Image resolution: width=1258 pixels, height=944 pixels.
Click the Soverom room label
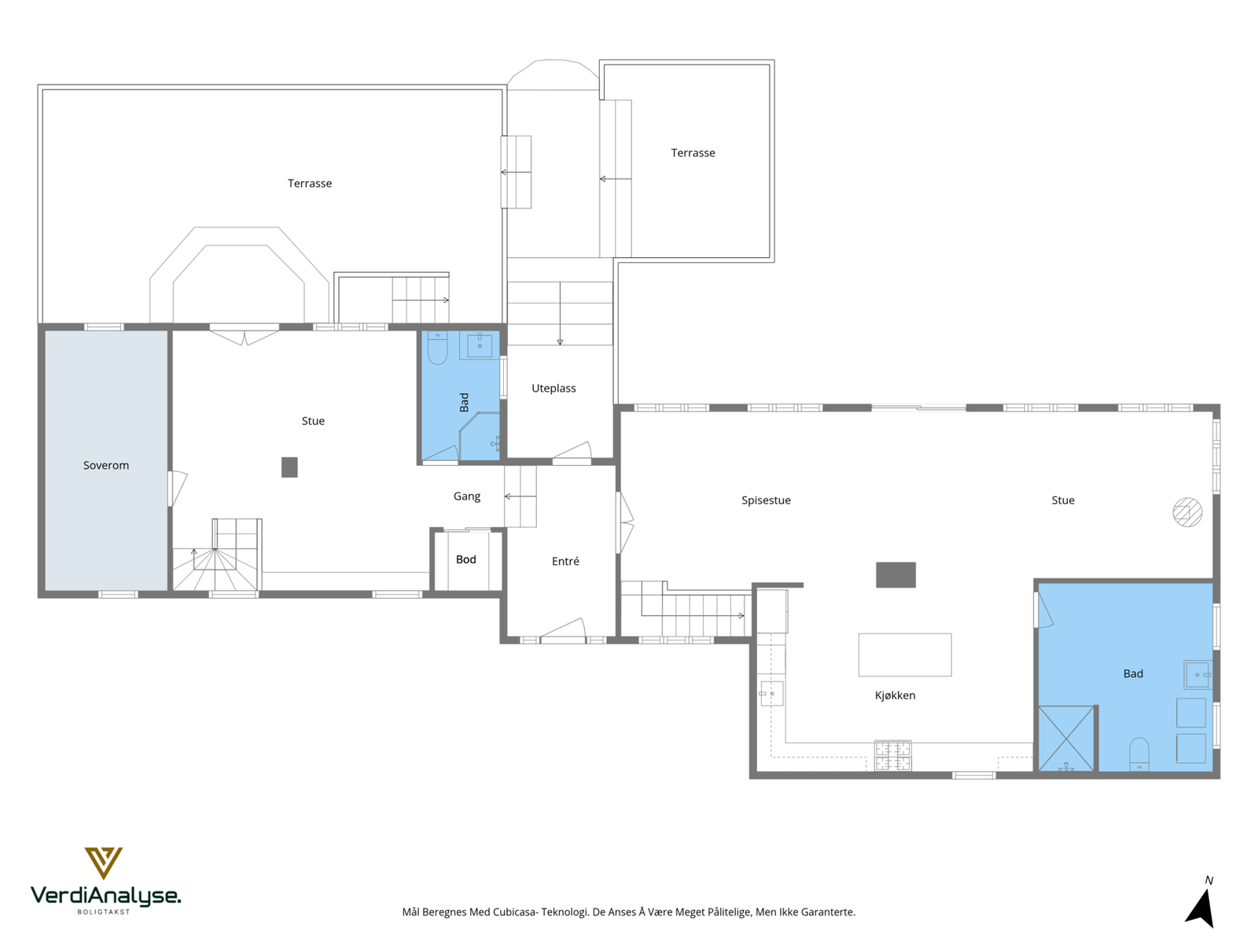point(106,466)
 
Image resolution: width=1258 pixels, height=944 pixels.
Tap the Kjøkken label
point(895,695)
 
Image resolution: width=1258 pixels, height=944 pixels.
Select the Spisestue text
point(766,500)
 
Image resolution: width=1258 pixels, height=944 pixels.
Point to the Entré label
point(565,561)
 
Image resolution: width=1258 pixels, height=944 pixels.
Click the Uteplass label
point(554,388)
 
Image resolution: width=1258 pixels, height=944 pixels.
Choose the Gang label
point(466,496)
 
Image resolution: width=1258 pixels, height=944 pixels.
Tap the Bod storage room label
point(466,559)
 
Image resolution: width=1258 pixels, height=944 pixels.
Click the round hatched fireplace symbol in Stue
point(1187,512)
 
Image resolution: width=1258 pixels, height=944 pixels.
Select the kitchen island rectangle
point(904,655)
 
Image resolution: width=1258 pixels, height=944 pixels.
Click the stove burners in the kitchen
point(892,755)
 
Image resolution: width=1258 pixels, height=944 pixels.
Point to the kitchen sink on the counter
point(771,694)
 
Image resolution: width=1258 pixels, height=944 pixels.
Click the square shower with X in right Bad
point(1066,738)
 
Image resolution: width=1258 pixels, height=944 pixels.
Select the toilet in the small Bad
point(437,348)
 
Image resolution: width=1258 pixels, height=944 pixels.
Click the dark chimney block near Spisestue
point(896,575)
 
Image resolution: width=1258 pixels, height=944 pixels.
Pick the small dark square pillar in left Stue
point(289,467)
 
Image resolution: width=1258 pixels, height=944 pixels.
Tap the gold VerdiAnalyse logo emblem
point(104,863)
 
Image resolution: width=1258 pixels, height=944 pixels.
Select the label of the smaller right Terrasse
point(693,153)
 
